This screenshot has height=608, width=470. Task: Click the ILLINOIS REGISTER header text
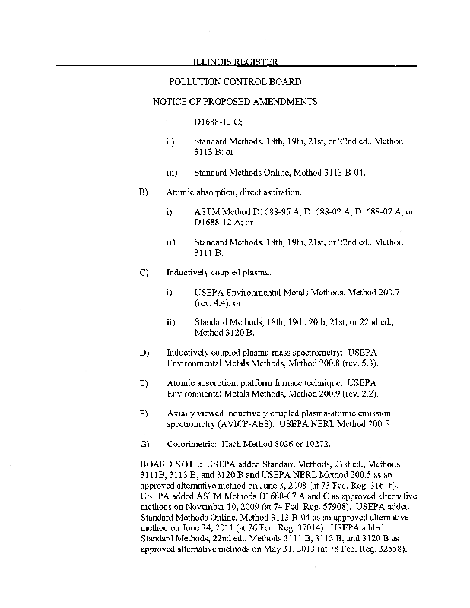[234, 61]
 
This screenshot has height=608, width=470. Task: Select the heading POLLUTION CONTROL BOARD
[234, 81]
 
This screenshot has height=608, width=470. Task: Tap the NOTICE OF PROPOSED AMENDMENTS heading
[235, 101]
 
